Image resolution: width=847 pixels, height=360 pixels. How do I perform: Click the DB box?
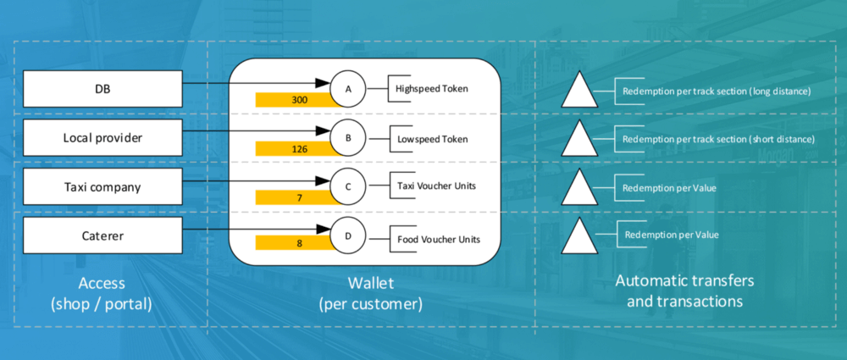[102, 89]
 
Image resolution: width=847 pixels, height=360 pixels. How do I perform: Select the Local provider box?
[102, 138]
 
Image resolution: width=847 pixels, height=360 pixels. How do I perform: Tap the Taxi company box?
[102, 187]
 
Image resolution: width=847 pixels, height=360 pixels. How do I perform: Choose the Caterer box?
[102, 235]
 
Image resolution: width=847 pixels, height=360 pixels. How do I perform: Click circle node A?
[348, 89]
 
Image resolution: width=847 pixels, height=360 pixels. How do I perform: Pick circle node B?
[348, 138]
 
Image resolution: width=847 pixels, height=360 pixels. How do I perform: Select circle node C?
[348, 187]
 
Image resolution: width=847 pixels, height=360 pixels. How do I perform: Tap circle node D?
[348, 235]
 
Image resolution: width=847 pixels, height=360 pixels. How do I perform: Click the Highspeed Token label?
[432, 89]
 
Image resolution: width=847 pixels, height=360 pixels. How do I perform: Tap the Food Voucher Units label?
[439, 239]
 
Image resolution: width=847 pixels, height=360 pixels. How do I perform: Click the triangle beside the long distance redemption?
[579, 89]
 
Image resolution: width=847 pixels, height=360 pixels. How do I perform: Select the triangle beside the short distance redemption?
[579, 138]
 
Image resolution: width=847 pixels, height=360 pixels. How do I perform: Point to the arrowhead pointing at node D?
[323, 230]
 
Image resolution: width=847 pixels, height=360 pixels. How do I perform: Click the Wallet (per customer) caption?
[371, 293]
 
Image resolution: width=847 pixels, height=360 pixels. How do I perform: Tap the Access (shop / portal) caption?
[102, 293]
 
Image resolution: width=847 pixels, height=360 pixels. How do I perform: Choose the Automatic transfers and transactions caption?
[685, 291]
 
